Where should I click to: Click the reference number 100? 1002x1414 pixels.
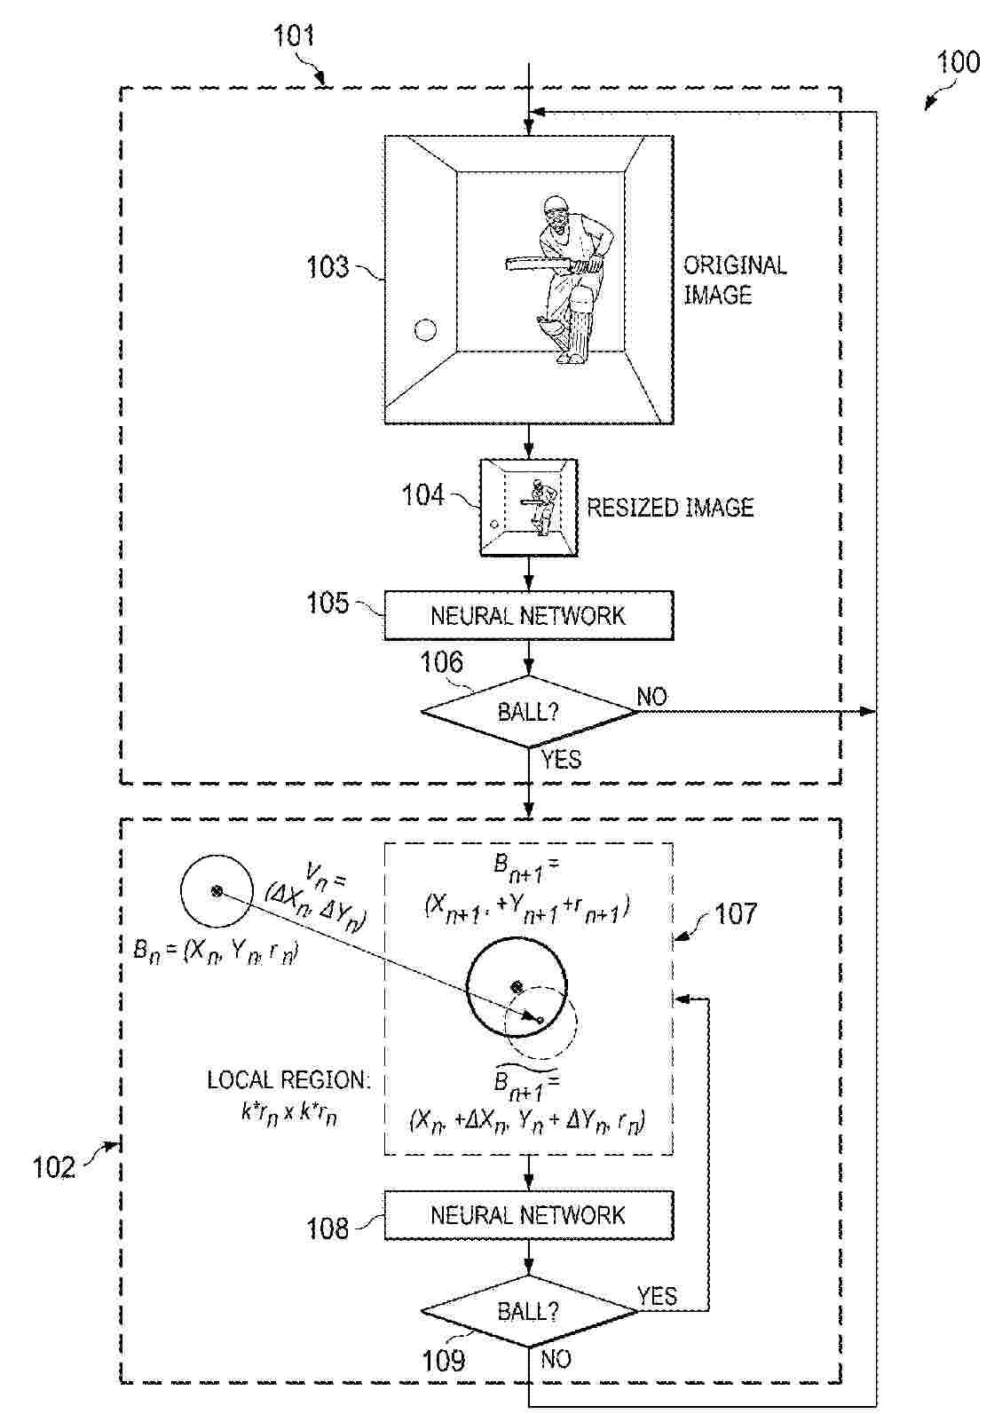point(959,62)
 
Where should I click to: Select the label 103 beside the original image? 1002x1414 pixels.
point(327,267)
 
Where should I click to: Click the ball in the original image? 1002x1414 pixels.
point(426,331)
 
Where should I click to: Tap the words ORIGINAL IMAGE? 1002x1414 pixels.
point(734,280)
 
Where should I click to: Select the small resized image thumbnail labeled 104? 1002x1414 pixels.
point(529,508)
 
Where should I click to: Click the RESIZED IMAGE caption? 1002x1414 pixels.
point(670,508)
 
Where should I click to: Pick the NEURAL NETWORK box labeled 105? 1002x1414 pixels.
point(529,615)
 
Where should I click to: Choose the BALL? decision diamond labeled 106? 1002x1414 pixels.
point(529,712)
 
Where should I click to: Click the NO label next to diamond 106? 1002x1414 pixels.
point(652,697)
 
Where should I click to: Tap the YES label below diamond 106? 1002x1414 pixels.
point(561,759)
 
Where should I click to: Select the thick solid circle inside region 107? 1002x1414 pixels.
point(515,986)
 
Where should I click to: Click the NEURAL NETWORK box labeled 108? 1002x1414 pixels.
point(529,1215)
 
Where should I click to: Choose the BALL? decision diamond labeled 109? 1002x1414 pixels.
point(529,1312)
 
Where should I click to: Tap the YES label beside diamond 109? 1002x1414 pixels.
point(657,1297)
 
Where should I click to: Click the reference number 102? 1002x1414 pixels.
point(53,1166)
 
